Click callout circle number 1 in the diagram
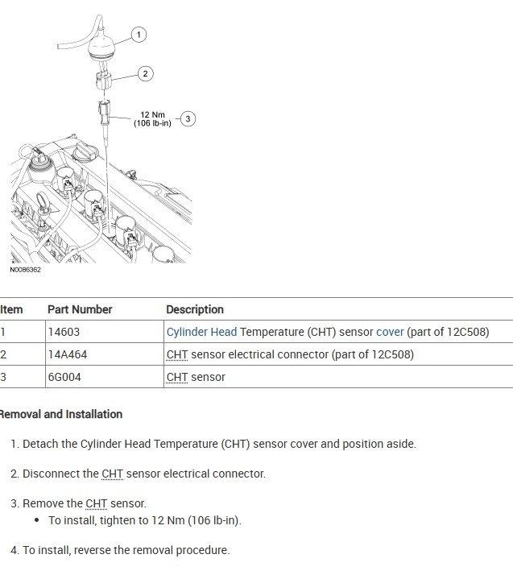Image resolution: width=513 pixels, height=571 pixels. pos(139,34)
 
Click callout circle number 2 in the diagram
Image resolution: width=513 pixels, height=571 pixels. pos(145,73)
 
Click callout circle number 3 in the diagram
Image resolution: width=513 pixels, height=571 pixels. pos(188,118)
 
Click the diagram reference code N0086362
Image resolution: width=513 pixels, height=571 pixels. pos(26,270)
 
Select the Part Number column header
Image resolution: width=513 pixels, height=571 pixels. pos(80,309)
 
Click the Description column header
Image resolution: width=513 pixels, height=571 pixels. pos(195,309)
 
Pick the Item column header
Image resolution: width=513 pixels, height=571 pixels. pos(11,309)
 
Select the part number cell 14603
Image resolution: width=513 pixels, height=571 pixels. pos(64,332)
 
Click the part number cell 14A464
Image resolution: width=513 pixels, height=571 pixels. pos(67,354)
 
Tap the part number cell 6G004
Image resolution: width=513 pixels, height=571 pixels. pos(64,377)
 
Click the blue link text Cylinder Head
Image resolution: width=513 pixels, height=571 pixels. pos(201,332)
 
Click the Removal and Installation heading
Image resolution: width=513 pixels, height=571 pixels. pos(61,414)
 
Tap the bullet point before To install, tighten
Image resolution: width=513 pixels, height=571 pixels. pos(38,520)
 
